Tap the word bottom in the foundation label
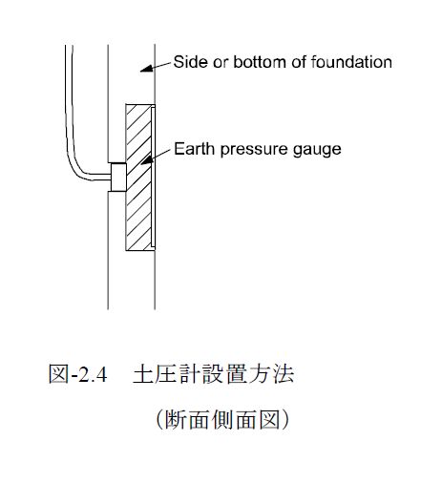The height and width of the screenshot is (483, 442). (x=260, y=62)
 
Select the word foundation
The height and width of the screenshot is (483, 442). (x=351, y=62)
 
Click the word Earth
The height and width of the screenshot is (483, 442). (x=194, y=149)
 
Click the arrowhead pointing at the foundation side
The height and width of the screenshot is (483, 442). (x=147, y=69)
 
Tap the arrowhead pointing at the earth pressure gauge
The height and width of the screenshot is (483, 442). (x=147, y=160)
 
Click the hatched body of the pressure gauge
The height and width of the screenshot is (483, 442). (x=138, y=178)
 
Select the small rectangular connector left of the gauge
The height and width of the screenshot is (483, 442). (x=118, y=178)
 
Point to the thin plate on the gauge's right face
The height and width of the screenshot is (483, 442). (x=153, y=178)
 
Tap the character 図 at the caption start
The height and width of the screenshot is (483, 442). (x=58, y=374)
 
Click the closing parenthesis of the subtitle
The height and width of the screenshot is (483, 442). (x=285, y=420)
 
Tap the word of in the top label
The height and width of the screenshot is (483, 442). (x=299, y=62)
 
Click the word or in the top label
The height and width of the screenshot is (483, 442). (x=221, y=63)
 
